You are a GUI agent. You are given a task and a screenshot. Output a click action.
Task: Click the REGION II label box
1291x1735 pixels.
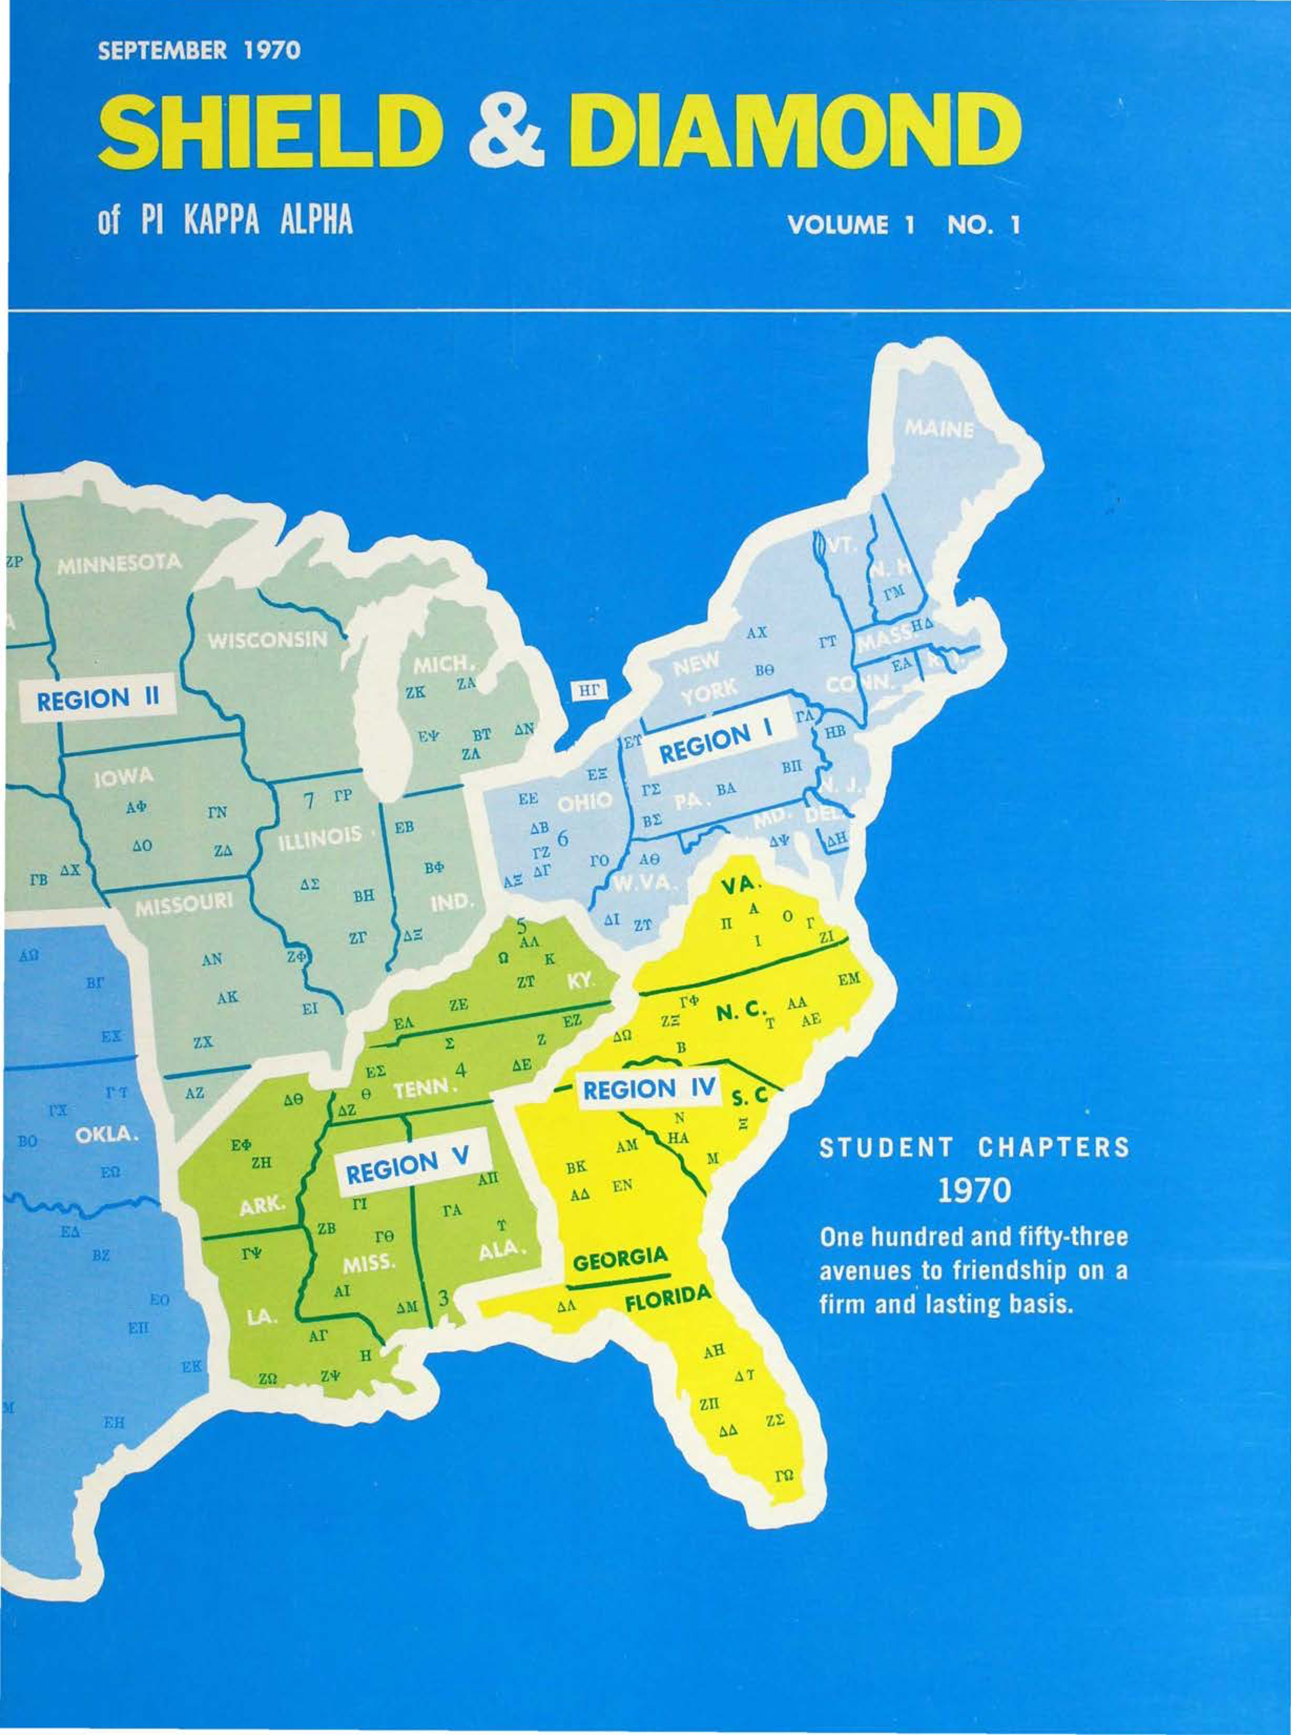pyautogui.click(x=98, y=699)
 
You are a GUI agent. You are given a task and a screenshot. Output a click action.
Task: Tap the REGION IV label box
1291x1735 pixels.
pyautogui.click(x=649, y=1089)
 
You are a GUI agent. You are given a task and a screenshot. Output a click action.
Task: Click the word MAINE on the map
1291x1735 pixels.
pyautogui.click(x=939, y=430)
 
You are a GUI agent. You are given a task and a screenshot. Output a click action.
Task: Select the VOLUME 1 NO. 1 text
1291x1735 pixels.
pyautogui.click(x=904, y=227)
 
